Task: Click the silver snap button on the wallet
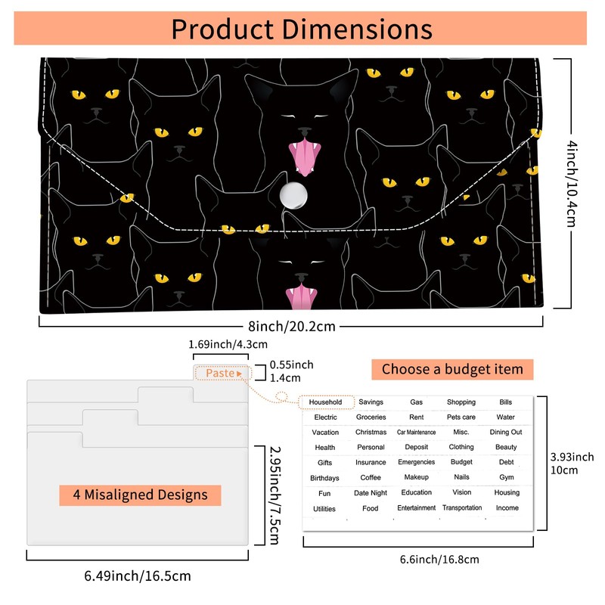point(293,195)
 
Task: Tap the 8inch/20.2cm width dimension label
point(292,327)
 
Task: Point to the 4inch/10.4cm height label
point(572,184)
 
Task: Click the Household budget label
point(325,402)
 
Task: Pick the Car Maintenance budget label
point(417,432)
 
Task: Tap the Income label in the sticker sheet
point(507,507)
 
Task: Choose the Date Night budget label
point(371,493)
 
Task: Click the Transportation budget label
point(462,507)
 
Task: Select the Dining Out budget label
point(506,432)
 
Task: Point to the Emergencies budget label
point(417,462)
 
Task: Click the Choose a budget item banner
point(452,369)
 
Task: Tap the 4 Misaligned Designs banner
point(140,495)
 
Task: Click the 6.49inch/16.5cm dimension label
point(138,576)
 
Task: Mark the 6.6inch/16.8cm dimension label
point(439,560)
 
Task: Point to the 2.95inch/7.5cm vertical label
point(275,495)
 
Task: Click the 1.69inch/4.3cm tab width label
point(228,344)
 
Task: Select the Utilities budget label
point(324,509)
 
